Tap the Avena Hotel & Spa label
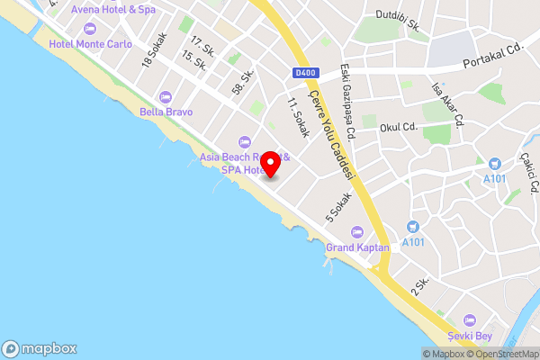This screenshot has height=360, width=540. click(x=113, y=9)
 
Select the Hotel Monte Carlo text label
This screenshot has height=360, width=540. click(x=90, y=43)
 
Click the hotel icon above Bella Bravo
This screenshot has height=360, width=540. click(x=164, y=97)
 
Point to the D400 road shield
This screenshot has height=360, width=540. click(x=304, y=73)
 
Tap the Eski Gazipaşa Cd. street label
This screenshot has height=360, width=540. click(x=347, y=106)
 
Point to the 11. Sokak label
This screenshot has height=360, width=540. click(x=299, y=117)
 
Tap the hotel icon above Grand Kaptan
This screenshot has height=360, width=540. click(x=357, y=231)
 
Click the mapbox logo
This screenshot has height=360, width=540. click(x=40, y=348)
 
